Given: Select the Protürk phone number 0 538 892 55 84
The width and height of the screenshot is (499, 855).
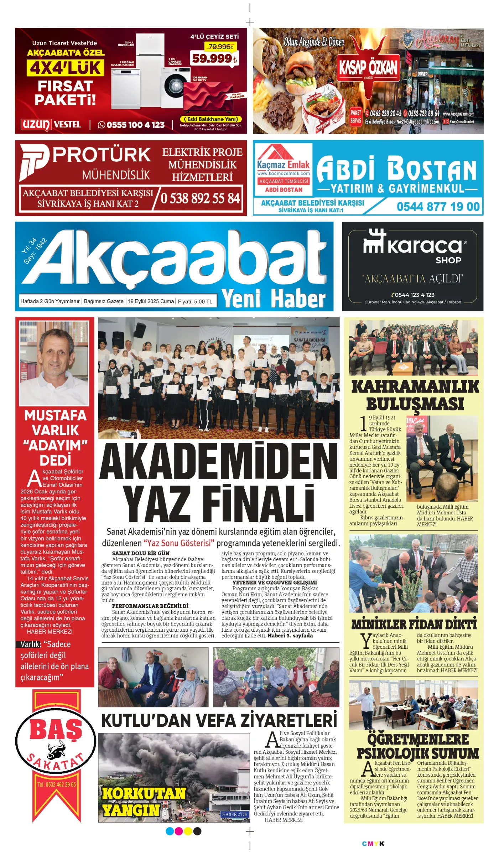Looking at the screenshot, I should pos(200,198).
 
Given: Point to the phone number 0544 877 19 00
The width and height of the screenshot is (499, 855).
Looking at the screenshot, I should pos(438,207).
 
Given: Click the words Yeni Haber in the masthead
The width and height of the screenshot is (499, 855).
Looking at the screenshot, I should pos(274,299).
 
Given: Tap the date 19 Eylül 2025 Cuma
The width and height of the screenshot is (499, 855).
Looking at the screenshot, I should pos(151,301).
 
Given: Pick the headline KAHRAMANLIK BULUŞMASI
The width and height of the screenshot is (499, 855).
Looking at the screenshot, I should pos(415,395).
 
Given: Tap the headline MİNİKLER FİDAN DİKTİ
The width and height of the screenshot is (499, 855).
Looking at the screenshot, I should pos(414,625).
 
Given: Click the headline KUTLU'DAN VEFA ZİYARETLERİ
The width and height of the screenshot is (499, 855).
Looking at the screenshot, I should pos(219,720).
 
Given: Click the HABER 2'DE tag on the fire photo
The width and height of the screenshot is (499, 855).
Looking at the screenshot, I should pos(234,814).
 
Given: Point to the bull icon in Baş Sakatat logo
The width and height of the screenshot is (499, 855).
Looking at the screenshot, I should pos(56,751).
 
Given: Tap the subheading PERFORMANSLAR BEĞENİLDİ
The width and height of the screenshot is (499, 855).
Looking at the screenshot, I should pos(150,606).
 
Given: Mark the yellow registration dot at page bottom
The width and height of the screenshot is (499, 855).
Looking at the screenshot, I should pos(188,831).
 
